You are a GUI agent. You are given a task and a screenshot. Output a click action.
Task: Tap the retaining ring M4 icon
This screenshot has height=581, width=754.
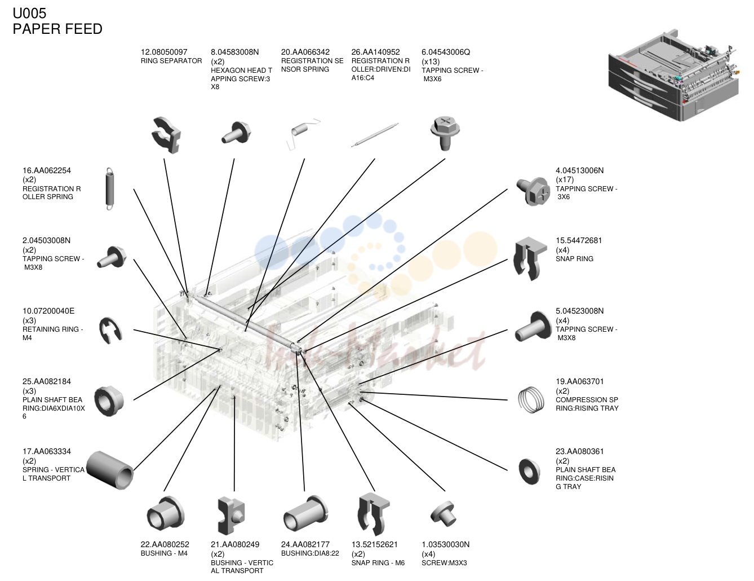(110, 331)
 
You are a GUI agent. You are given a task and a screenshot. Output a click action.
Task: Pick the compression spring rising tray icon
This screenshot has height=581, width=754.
(531, 400)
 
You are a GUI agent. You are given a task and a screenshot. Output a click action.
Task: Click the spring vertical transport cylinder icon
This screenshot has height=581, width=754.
(110, 470)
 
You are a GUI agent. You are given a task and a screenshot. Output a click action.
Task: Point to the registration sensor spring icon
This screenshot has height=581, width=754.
(303, 134)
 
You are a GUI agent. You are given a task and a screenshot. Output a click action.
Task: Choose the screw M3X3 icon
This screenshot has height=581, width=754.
(444, 514)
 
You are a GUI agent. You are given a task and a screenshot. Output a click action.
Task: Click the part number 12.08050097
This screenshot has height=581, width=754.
(164, 52)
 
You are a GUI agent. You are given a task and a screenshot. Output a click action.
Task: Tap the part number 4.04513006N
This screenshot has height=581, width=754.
(579, 170)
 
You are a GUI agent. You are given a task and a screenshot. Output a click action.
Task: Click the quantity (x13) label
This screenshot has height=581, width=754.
(431, 61)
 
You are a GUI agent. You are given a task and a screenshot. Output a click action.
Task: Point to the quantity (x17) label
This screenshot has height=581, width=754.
(565, 179)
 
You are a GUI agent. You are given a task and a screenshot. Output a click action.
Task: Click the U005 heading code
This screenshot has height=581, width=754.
(29, 13)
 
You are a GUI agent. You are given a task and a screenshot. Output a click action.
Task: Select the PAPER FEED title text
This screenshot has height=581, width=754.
(57, 29)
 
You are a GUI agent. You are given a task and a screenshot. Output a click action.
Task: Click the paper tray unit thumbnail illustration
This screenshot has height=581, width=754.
(674, 75)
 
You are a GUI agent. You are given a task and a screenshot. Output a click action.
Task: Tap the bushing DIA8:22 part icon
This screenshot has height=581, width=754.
(305, 514)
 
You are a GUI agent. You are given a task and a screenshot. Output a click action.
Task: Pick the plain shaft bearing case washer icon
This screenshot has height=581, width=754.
(530, 471)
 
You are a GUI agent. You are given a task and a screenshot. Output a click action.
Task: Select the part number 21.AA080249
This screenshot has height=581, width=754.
(235, 544)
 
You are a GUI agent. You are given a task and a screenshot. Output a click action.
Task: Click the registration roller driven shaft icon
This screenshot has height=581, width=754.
(375, 135)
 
